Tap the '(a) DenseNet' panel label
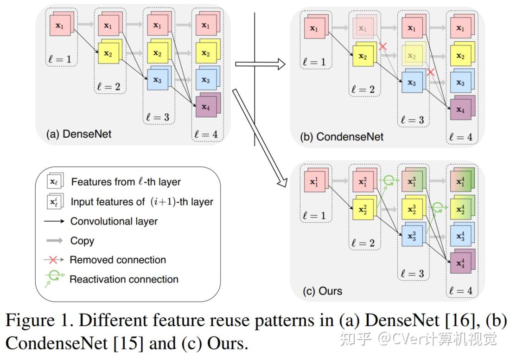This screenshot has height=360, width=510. pos(79,134)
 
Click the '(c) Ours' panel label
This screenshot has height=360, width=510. pos(323,291)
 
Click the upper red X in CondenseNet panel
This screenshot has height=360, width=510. pos(383,46)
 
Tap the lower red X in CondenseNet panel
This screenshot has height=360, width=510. pos(431,72)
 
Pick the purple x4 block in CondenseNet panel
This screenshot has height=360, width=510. pos(460,109)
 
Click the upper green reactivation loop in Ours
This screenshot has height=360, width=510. pos(389,180)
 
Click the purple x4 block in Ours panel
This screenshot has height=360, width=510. pos(460,263)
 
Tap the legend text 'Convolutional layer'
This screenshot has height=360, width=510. pos(114,221)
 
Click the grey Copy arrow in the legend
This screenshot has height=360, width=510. pos(55,241)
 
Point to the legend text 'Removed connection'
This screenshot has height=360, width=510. pos(118,260)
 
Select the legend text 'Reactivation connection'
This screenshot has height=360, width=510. pos(124,279)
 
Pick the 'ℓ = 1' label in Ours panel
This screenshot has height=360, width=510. pos(315,215)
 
